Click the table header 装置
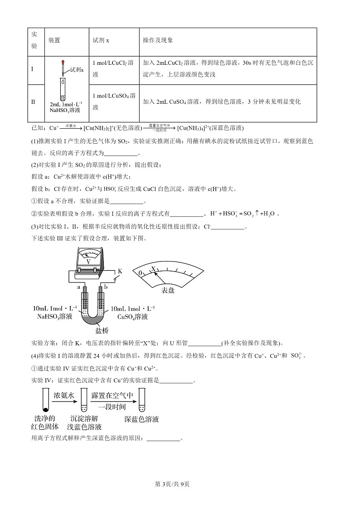[54, 40]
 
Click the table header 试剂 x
[101, 40]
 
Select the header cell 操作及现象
[158, 40]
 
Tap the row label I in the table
[32, 69]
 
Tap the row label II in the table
[33, 102]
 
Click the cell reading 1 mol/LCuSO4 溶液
[114, 101]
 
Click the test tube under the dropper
[63, 89]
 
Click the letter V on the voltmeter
[88, 262]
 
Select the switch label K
[120, 271]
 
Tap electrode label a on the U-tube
[78, 287]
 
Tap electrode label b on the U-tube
[106, 287]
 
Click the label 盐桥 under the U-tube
[102, 330]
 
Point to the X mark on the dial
[154, 269]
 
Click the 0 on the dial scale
[141, 273]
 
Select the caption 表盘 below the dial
[168, 290]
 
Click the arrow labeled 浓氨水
[64, 402]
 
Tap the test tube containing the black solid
[45, 400]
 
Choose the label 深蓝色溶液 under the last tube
[141, 419]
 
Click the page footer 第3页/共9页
[172, 484]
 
